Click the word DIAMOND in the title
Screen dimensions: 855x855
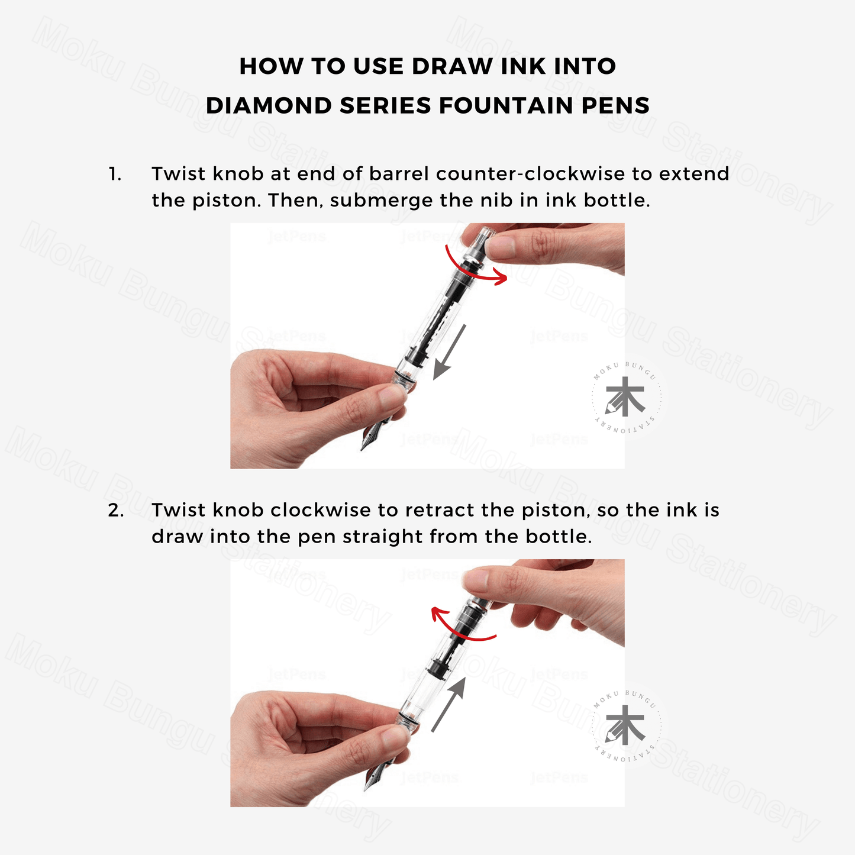point(269,105)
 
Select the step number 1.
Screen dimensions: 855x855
point(115,174)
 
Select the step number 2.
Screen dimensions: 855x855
point(116,511)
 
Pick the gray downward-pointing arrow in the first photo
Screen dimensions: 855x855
point(449,353)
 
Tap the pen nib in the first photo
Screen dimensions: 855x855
point(372,438)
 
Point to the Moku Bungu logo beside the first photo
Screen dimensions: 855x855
point(625,397)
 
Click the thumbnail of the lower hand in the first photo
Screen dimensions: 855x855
point(391,395)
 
